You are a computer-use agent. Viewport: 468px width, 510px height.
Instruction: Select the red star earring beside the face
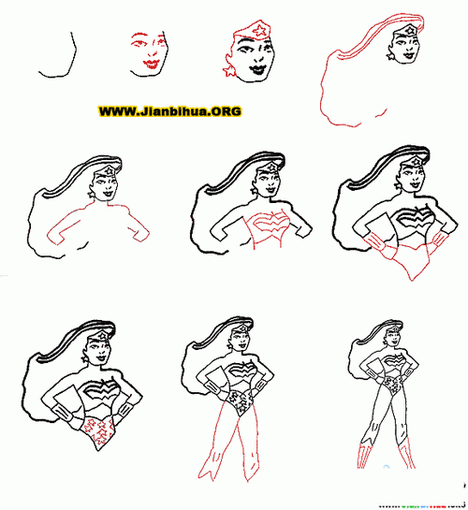click(x=228, y=72)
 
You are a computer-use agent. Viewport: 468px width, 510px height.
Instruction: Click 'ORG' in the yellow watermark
click(x=224, y=111)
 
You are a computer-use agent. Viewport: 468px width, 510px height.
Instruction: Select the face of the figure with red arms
click(x=103, y=182)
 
